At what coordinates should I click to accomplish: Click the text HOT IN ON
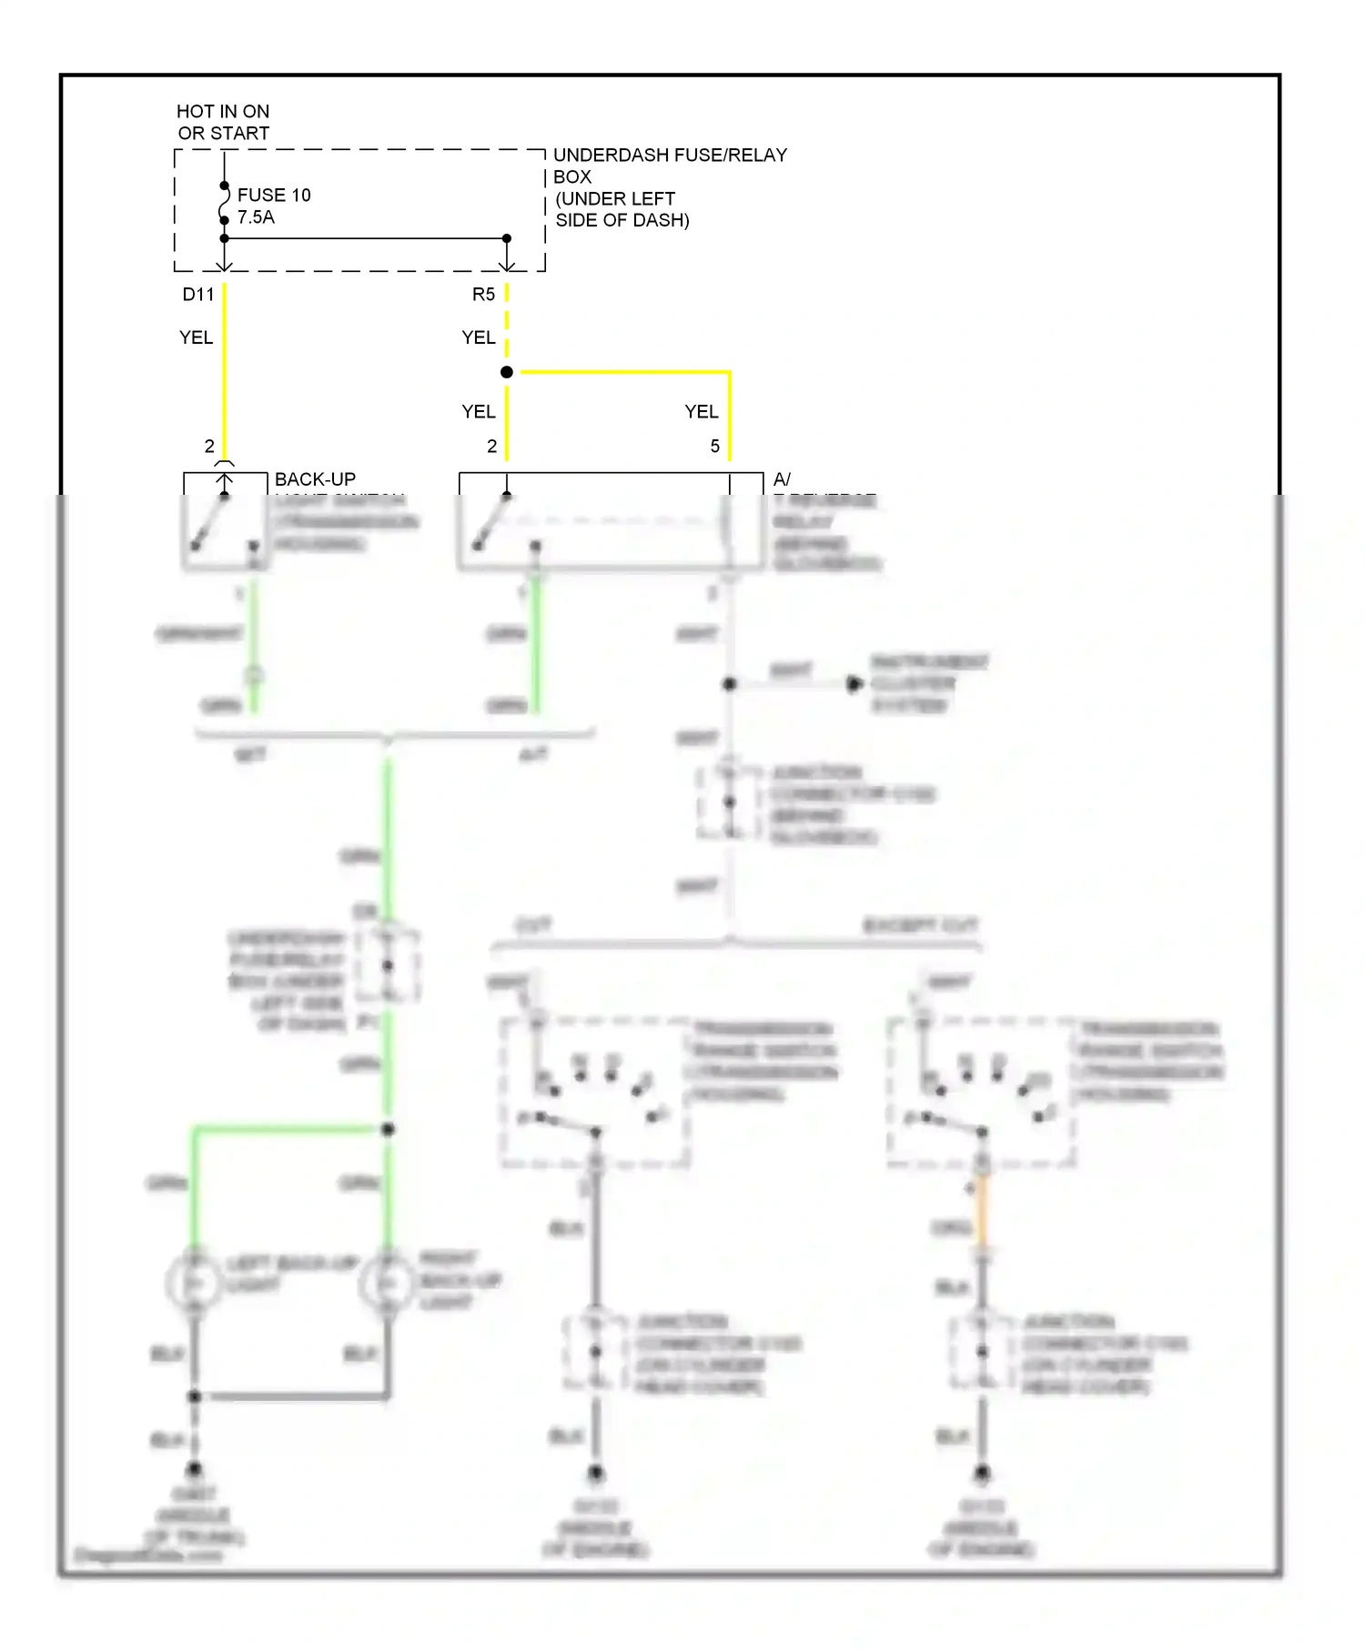pos(223,111)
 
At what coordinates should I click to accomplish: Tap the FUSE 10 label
pos(274,195)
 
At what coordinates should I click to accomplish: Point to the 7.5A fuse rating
pos(256,217)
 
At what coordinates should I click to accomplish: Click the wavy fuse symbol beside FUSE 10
pos(224,203)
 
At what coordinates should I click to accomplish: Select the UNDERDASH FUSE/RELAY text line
pos(670,156)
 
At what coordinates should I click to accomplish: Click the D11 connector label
pos(197,294)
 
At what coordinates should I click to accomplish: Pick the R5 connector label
pos(483,294)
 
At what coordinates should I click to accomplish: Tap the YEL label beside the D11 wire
pos(196,337)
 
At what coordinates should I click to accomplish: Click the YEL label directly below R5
pos(478,337)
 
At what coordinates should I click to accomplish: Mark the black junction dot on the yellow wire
pos(507,372)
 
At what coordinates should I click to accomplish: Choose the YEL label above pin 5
pos(701,412)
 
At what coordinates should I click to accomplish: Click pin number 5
pos(715,447)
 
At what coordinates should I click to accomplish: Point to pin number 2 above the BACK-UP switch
pos(209,447)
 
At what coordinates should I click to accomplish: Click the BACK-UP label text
pos(315,479)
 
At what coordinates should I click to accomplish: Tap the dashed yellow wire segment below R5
pos(507,323)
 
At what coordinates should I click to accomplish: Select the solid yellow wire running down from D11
pos(225,373)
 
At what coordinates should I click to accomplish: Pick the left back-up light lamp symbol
pos(194,1283)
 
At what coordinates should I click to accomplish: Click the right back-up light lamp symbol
pos(388,1283)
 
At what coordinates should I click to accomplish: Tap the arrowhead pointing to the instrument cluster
pos(854,684)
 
